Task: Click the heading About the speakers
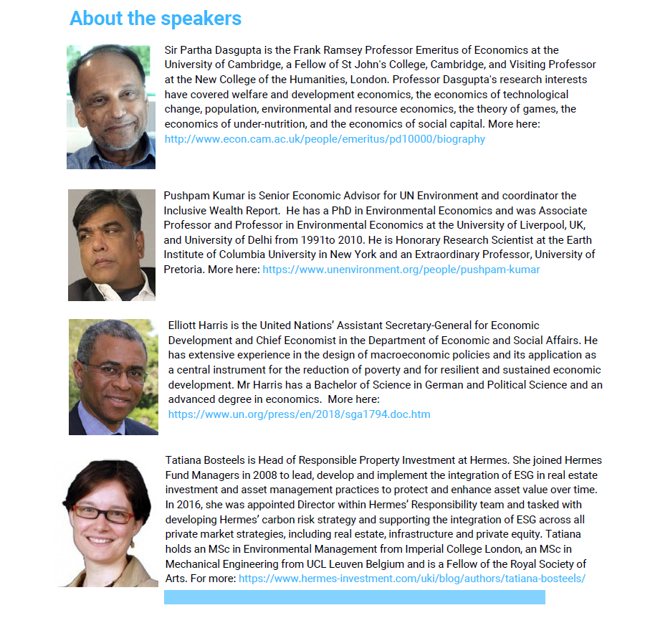coord(156,19)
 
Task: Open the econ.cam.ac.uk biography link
coord(325,139)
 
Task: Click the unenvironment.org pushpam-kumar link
coord(401,270)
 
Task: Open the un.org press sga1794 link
coord(299,414)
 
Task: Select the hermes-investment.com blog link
coord(412,578)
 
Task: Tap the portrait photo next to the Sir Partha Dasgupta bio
coord(110,107)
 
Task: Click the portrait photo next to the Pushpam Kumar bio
coord(111,244)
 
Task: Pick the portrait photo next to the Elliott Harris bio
coord(113,376)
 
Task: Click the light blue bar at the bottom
coord(354,597)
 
